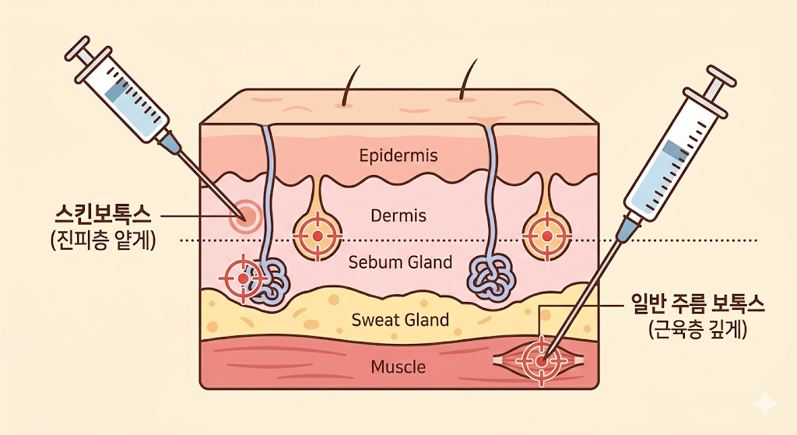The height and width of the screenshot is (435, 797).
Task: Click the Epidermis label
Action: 398,156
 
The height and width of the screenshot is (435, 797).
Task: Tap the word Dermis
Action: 398,216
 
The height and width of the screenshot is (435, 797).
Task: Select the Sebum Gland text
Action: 400,262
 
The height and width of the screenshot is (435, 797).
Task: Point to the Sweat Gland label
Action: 400,320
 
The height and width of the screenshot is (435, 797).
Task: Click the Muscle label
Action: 398,367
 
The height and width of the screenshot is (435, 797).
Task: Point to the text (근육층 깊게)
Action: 697,331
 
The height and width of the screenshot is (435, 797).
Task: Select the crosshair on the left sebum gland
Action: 317,234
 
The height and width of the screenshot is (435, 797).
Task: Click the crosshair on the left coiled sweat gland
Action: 243,277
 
